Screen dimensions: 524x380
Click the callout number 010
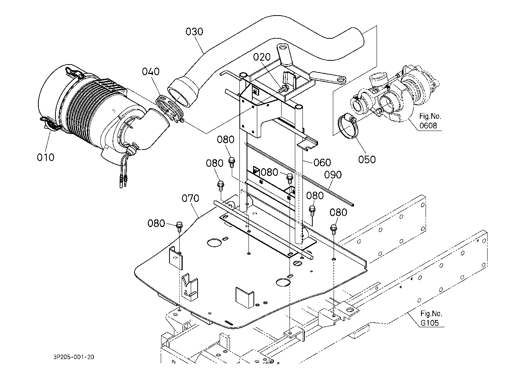pos(46,157)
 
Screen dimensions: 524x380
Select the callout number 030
pos(194,32)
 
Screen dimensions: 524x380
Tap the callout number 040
pos(150,71)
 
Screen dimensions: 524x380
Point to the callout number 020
pos(262,57)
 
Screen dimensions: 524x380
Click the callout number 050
pos(367,159)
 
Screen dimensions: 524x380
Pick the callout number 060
pos(322,162)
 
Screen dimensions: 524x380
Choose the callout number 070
pos(190,198)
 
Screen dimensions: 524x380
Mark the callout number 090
pos(333,175)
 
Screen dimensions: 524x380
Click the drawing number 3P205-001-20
pos(74,357)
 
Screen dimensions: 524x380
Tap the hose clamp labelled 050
pos(347,126)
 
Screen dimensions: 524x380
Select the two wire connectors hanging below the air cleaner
pos(123,182)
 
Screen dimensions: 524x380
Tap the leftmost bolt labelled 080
pos(179,226)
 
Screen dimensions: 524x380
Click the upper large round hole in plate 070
pos(214,243)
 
